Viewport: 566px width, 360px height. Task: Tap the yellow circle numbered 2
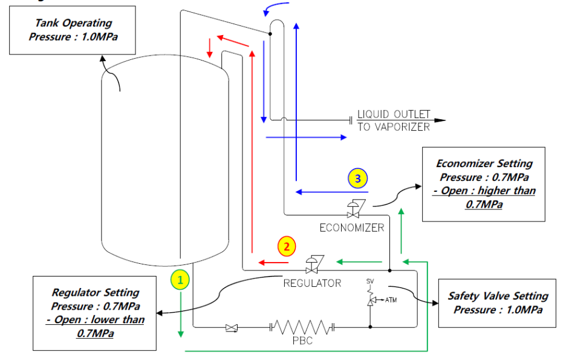(287, 246)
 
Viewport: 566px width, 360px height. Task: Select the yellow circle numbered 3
(357, 178)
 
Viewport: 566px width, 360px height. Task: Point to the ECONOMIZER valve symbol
(353, 210)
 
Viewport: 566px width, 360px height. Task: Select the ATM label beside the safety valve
(391, 299)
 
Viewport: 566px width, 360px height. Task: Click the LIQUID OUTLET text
(394, 114)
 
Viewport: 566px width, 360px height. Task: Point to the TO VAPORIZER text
(393, 127)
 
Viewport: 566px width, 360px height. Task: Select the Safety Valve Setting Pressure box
(497, 302)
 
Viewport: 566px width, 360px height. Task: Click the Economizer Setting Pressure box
(484, 183)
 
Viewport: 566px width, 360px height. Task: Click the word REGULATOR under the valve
(312, 283)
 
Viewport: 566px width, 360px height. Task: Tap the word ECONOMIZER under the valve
(351, 228)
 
